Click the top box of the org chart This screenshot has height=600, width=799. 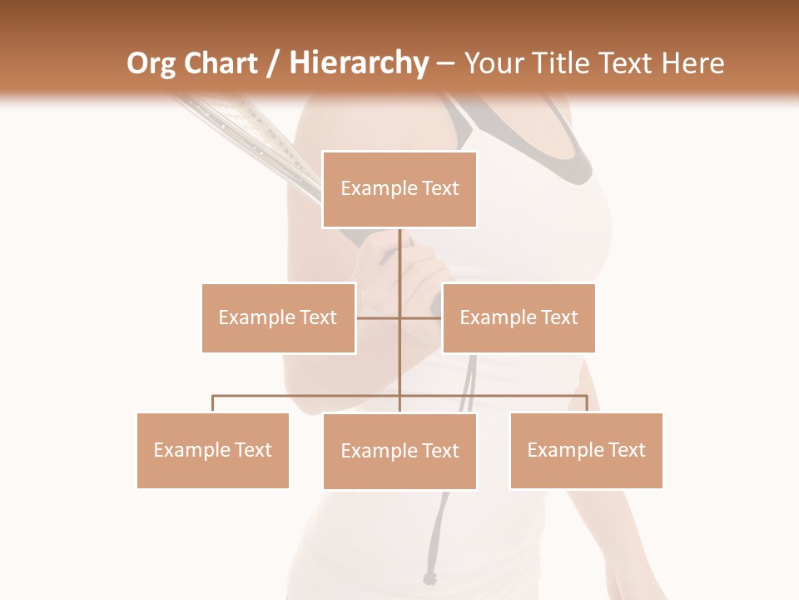point(399,189)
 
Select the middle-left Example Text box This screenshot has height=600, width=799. point(278,317)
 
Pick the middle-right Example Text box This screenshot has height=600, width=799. point(519,317)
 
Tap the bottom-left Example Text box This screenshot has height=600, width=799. point(213,450)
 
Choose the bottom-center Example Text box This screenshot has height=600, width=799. point(399,451)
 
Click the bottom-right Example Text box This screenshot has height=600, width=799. point(586,450)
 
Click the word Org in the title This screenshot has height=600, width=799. point(151,63)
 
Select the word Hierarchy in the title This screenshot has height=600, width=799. point(359,63)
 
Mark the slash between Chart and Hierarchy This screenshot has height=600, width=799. point(273,64)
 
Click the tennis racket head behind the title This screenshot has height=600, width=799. point(241,133)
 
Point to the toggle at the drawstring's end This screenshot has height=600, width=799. point(429,578)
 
